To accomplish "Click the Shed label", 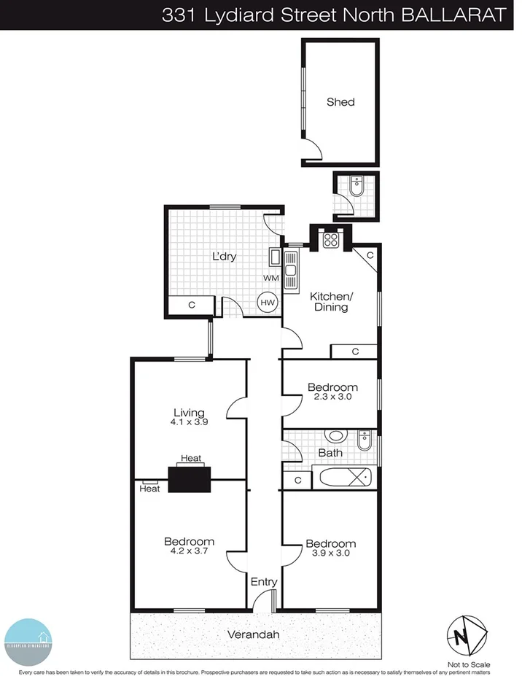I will (340, 102).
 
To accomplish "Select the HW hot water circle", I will (267, 302).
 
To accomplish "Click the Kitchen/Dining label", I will (330, 301).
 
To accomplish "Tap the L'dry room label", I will (225, 257).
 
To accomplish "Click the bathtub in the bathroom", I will (345, 480).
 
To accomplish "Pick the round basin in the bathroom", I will (336, 437).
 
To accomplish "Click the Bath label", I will (330, 453).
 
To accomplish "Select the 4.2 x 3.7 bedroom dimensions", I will (189, 551).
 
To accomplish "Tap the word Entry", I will (264, 582).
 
